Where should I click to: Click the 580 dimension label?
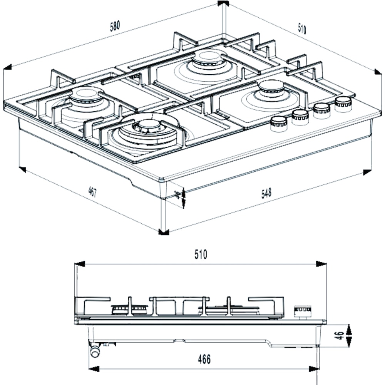pyautogui.click(x=115, y=26)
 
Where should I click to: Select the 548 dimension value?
pyautogui.click(x=266, y=193)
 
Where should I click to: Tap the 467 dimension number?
pyautogui.click(x=92, y=191)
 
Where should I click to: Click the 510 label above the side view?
pyautogui.click(x=200, y=254)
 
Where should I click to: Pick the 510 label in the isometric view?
pyautogui.click(x=302, y=29)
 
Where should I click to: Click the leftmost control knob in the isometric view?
pyautogui.click(x=278, y=124)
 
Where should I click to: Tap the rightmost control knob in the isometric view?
pyautogui.click(x=343, y=104)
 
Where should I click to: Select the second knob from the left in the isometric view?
pyautogui.click(x=300, y=117)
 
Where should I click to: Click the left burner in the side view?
pyautogui.click(x=130, y=309)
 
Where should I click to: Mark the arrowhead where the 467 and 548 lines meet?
pyautogui.click(x=163, y=232)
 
